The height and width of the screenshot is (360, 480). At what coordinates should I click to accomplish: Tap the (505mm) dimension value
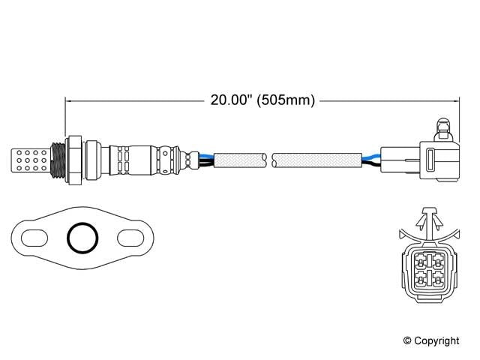coord(283,100)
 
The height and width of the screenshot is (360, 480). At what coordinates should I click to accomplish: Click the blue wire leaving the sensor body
coord(202,154)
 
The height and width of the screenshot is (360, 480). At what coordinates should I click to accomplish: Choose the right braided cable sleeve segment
coord(315,159)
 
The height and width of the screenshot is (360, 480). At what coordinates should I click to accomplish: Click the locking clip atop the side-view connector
coord(443,127)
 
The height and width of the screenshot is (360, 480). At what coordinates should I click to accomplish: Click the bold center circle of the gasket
coord(82,239)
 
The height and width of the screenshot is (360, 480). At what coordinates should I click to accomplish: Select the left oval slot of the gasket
coord(34,239)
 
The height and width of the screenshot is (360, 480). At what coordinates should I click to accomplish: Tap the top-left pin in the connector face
coord(419,260)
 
